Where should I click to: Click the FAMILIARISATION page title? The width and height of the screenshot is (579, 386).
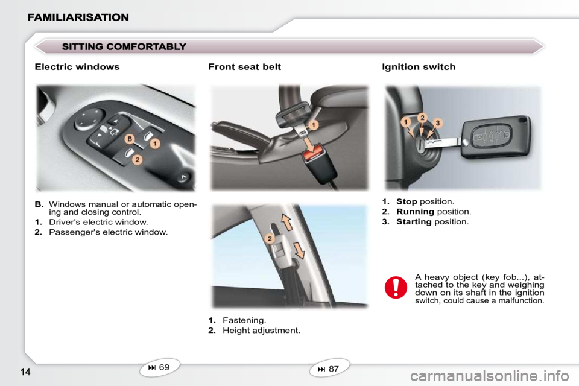(x=78, y=17)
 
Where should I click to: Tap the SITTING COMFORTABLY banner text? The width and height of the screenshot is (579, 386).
(x=124, y=46)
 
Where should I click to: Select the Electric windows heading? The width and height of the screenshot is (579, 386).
(x=77, y=67)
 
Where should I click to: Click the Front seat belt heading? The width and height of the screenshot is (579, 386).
(x=244, y=67)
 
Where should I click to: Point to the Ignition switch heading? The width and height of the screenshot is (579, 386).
(x=419, y=67)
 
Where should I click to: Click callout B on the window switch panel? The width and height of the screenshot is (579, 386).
(x=130, y=139)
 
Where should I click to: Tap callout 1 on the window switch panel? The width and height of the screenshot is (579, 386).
(x=155, y=144)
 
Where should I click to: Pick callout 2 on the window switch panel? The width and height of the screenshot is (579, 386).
(x=138, y=160)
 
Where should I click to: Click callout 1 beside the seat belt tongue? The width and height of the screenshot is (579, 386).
(x=313, y=125)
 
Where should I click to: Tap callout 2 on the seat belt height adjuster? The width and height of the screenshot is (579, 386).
(x=270, y=239)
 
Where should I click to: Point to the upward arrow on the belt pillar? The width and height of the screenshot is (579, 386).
(x=287, y=223)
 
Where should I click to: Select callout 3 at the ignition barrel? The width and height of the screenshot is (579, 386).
(x=438, y=123)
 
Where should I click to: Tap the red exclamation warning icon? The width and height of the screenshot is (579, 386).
(x=396, y=287)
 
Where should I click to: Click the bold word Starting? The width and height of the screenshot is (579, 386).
(x=414, y=221)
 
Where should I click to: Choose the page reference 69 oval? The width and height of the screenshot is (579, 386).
(x=159, y=367)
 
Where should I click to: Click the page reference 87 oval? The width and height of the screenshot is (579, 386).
(x=329, y=369)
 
